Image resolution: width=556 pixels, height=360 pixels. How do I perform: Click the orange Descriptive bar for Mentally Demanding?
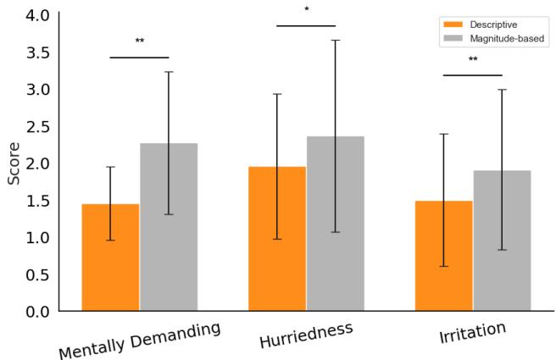click(110, 258)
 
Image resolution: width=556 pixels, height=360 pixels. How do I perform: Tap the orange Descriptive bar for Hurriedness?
click(277, 239)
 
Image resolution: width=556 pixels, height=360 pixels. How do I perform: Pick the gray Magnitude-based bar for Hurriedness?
click(335, 224)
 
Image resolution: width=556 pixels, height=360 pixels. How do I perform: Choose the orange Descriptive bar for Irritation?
click(443, 256)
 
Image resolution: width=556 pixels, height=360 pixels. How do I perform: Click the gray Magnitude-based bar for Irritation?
click(502, 241)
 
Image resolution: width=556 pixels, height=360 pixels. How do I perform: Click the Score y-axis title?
click(14, 163)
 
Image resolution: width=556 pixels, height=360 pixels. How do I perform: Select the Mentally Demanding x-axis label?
click(139, 340)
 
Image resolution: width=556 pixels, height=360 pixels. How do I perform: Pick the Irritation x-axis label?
click(472, 333)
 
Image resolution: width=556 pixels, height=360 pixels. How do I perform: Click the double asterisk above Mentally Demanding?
click(140, 42)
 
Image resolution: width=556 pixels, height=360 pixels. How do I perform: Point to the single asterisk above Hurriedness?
click(306, 10)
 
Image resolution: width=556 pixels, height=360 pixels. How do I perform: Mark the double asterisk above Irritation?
click(473, 60)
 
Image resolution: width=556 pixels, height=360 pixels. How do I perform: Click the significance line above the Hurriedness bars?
click(306, 25)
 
